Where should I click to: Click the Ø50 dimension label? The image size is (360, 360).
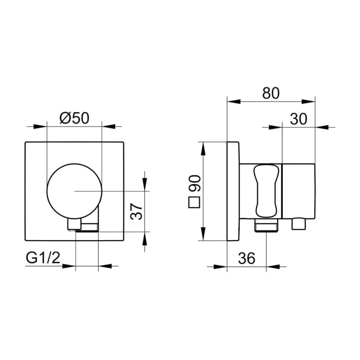coord(74,119)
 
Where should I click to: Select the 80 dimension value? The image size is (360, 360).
coord(271,93)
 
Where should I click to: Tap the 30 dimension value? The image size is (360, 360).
coord(298,119)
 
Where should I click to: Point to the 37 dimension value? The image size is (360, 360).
coord(136,211)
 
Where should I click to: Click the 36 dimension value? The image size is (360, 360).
coord(246,258)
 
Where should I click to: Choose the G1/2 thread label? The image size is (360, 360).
coord(43,258)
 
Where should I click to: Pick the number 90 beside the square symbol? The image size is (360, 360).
coord(194,184)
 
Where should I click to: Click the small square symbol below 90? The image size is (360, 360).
coord(194,202)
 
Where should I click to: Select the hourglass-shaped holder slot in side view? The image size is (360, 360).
coord(266,191)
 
